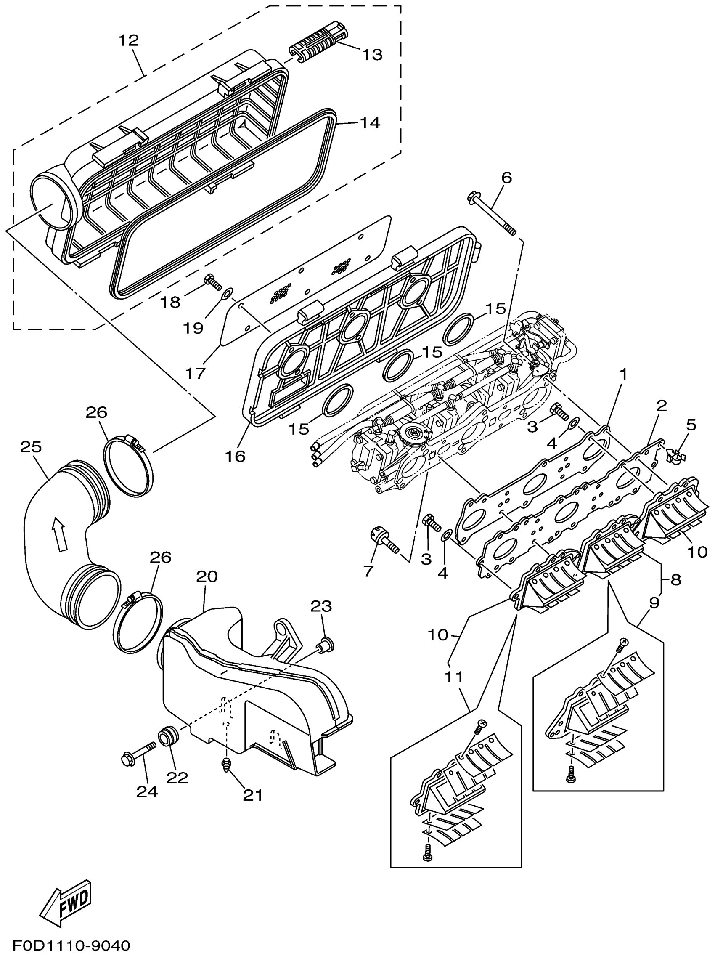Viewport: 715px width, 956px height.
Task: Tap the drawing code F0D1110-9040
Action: [65, 945]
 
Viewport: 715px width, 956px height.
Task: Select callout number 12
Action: [128, 40]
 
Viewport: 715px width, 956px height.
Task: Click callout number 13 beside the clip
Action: [372, 55]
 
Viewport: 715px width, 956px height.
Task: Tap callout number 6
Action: [506, 177]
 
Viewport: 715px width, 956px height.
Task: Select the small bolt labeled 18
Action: [212, 281]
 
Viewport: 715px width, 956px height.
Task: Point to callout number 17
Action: [195, 373]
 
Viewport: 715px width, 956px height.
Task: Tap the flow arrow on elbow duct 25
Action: [59, 535]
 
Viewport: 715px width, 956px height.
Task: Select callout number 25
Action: [31, 447]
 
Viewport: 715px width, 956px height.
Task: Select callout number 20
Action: [207, 576]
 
